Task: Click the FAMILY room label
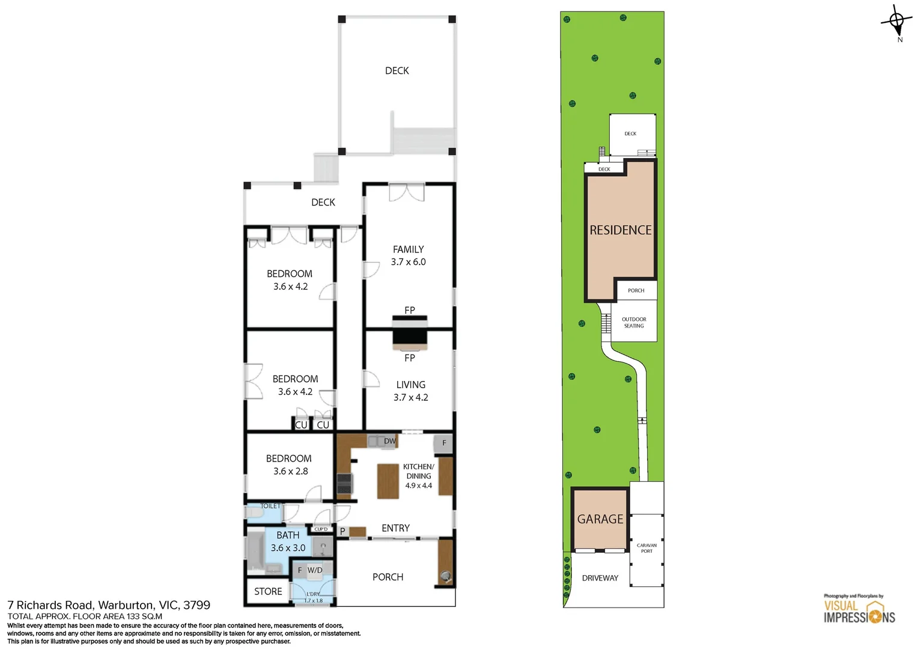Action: click(x=408, y=249)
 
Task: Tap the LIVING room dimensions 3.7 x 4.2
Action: click(x=411, y=397)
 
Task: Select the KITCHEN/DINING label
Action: click(x=418, y=471)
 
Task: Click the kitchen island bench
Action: click(x=388, y=481)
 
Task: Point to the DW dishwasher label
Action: click(x=390, y=441)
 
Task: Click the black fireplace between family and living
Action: click(x=410, y=334)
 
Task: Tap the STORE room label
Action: click(x=268, y=591)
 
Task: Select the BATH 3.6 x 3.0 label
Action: click(x=288, y=541)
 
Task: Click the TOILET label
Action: click(x=270, y=506)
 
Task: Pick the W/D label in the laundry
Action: click(x=315, y=570)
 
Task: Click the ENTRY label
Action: click(x=395, y=528)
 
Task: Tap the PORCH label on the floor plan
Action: click(x=388, y=577)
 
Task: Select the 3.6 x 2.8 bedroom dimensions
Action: click(x=290, y=471)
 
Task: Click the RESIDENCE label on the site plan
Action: click(x=621, y=230)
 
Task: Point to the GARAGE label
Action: click(x=600, y=519)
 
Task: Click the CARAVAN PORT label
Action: click(x=646, y=548)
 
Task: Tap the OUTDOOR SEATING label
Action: click(x=634, y=323)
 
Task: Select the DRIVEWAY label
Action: click(x=600, y=578)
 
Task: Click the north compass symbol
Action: click(x=896, y=23)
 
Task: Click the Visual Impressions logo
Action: click(x=859, y=611)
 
